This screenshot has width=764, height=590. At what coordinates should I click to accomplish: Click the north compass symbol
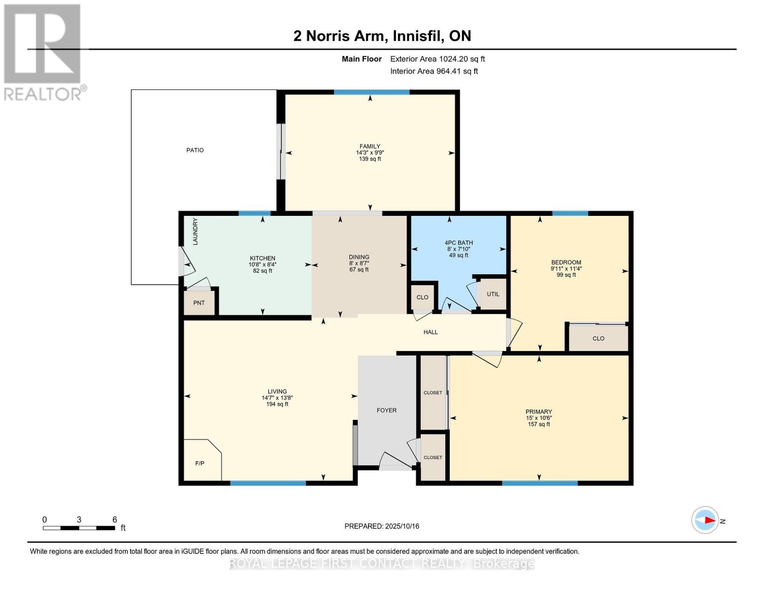click(705, 520)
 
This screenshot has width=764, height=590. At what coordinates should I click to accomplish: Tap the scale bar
click(79, 528)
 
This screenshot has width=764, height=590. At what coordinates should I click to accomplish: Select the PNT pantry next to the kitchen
click(199, 303)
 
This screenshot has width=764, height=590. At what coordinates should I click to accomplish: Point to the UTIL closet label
click(493, 294)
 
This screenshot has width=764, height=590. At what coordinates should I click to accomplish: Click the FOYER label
click(387, 410)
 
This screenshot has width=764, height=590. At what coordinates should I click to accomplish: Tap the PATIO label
click(195, 150)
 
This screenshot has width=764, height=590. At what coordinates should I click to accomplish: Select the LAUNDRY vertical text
click(195, 232)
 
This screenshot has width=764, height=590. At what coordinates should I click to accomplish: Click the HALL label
click(430, 332)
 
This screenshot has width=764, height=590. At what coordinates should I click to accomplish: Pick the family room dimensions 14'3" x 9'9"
click(370, 152)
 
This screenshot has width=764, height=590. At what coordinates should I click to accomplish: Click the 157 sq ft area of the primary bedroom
click(539, 424)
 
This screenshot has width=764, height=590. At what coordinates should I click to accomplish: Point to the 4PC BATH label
click(458, 242)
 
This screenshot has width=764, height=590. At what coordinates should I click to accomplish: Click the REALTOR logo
click(43, 52)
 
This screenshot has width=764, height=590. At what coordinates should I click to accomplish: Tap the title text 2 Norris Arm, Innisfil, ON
click(382, 36)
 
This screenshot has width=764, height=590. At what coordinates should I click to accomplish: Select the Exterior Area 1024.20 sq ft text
click(437, 59)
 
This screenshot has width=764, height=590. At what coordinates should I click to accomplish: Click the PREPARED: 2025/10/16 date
click(382, 526)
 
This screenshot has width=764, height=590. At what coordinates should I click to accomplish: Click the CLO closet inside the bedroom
click(598, 338)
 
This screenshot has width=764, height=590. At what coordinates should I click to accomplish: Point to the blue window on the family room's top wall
click(371, 92)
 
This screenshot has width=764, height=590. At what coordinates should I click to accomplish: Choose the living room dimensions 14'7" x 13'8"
click(277, 398)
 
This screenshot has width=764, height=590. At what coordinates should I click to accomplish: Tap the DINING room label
click(359, 257)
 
